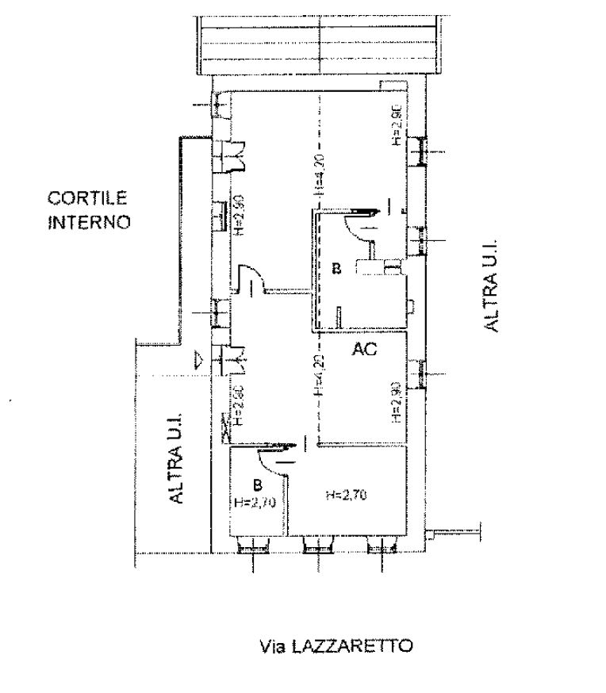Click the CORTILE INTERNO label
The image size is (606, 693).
pos(88,209)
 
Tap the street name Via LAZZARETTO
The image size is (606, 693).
pos(336,645)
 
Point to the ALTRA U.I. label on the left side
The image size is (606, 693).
pos(175,456)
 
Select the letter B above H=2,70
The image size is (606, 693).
pos(256,483)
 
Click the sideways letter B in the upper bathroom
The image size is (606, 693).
pos(336,270)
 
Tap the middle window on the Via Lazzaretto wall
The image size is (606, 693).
pos(319,544)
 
